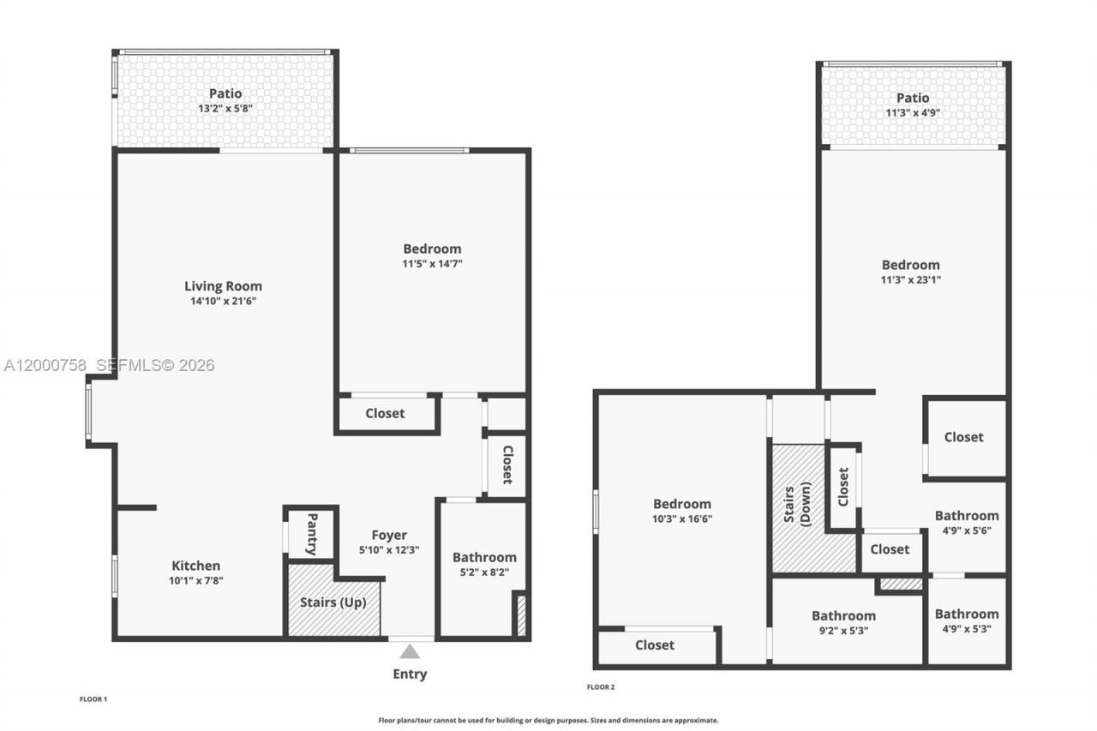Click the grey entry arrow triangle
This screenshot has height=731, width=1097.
coord(410,651)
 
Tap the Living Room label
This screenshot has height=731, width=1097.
coord(223,286)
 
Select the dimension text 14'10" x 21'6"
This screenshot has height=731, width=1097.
coord(223,302)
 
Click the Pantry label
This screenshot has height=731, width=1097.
coord(312,534)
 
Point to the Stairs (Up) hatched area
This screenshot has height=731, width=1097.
coord(333,602)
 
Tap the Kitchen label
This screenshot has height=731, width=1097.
coord(196,566)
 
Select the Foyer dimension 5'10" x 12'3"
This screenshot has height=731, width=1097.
coord(389,550)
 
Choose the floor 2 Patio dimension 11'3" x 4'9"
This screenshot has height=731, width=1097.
coord(913,113)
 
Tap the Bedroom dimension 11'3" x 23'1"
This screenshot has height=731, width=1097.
coord(911,279)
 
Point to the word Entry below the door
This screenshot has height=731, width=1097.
coord(410,674)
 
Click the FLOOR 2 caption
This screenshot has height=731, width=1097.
coord(600,687)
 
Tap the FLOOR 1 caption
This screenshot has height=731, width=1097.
coord(93,699)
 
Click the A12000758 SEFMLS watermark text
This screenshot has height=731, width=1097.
coord(108,366)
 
